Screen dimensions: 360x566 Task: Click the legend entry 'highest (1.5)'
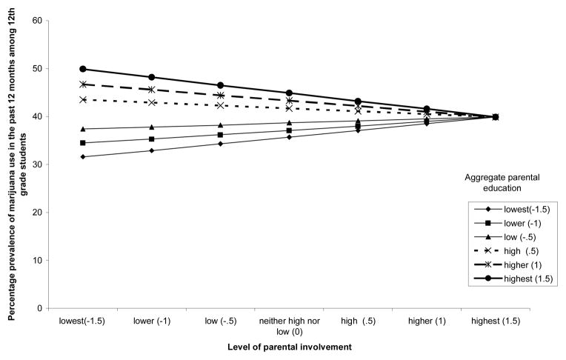(519, 279)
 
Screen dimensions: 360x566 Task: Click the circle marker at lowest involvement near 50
(83, 69)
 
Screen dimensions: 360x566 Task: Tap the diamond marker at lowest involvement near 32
(83, 157)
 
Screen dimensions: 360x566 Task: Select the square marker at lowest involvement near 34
(83, 143)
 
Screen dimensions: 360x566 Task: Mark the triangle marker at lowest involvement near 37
(83, 129)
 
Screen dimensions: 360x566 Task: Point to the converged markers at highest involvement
(496, 116)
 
